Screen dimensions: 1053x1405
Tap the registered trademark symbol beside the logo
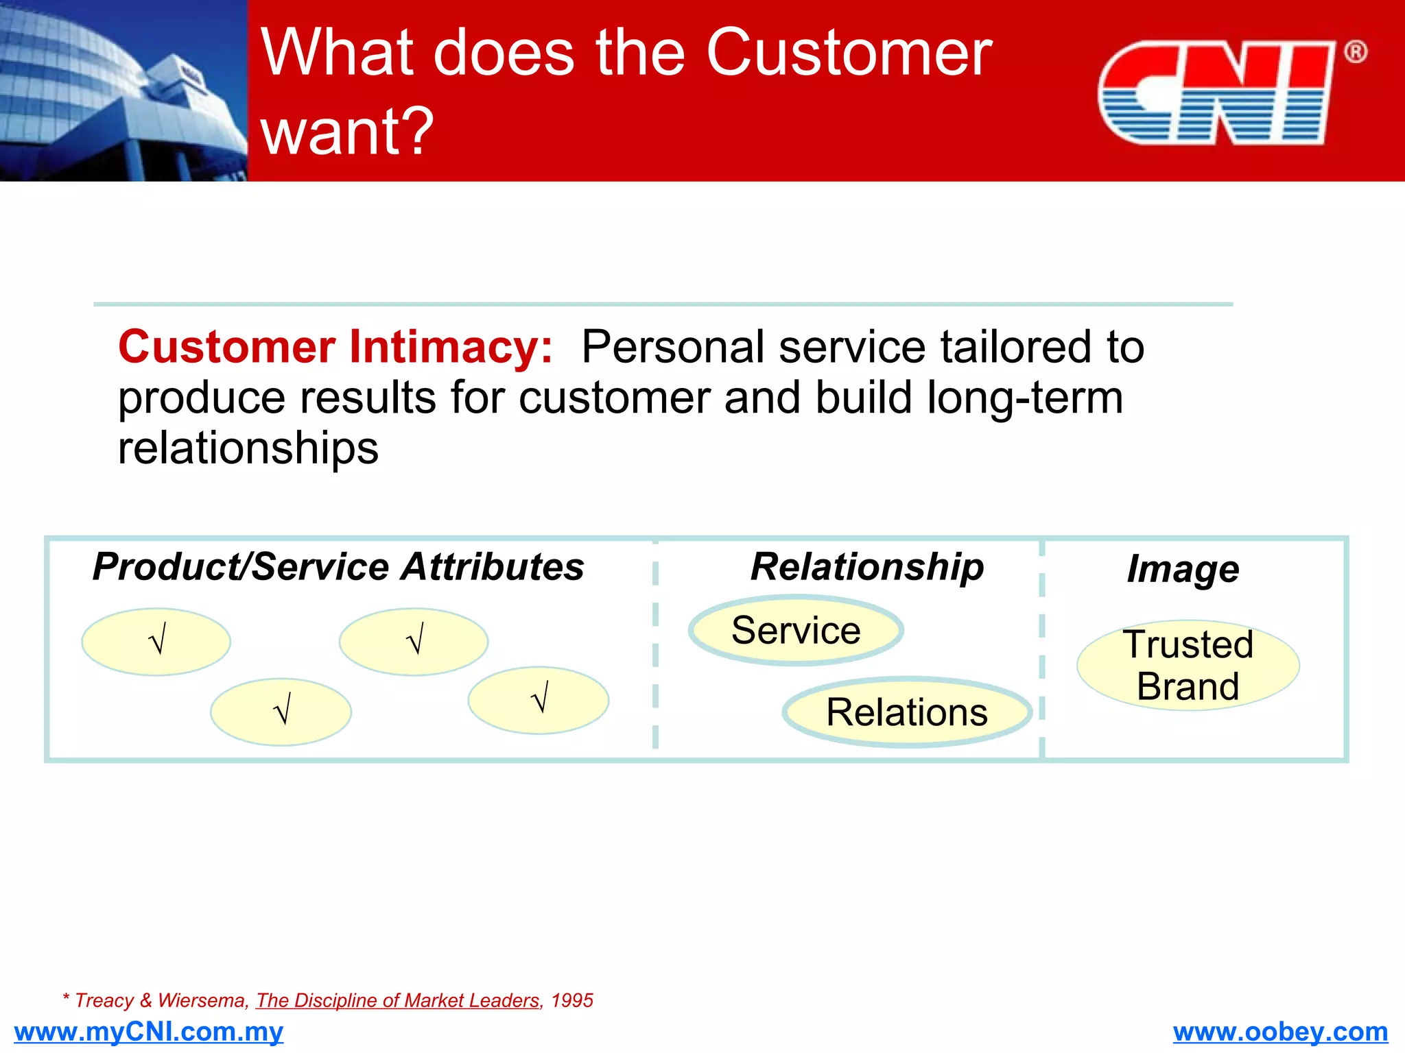1355,52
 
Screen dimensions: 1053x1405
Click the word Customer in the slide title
849,53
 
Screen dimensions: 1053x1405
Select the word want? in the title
347,130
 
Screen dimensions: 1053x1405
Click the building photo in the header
123,90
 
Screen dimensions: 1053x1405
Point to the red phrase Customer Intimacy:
335,347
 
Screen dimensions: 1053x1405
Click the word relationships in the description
248,448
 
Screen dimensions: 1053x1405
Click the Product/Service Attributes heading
338,567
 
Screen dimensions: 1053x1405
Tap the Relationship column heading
866,567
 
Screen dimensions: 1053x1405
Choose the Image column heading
1183,569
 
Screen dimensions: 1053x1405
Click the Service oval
796,630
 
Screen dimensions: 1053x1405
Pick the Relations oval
907,712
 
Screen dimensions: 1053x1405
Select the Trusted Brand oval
1188,665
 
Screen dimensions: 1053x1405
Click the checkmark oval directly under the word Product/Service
156,642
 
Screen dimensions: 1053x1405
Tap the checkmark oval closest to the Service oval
539,700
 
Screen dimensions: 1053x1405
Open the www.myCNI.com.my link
148,1032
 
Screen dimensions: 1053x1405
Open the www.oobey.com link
1280,1032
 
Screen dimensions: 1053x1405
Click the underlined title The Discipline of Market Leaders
398,1001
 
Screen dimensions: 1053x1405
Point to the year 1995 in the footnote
572,1001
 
